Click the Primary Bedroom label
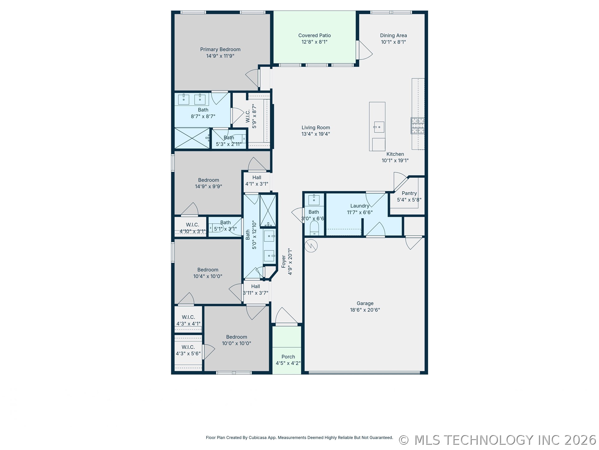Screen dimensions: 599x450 tap(220, 49)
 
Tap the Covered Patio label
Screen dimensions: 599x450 tap(314, 36)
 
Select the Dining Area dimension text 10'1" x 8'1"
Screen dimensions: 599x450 tap(393, 42)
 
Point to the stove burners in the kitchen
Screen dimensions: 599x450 tap(417, 126)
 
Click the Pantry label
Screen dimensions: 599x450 tap(409, 193)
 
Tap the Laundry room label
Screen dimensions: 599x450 tap(360, 206)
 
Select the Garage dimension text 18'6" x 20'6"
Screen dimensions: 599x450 tap(365, 310)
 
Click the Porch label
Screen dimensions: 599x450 tap(288, 357)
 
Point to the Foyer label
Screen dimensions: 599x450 tap(284, 262)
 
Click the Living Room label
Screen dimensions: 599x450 tap(316, 127)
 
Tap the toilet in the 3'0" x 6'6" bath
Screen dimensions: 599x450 tap(314, 228)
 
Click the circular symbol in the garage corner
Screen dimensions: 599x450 tap(311, 246)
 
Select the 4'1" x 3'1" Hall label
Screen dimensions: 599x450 tap(257, 177)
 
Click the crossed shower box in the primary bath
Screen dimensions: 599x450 tap(192, 138)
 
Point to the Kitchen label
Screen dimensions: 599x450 tap(395, 154)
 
